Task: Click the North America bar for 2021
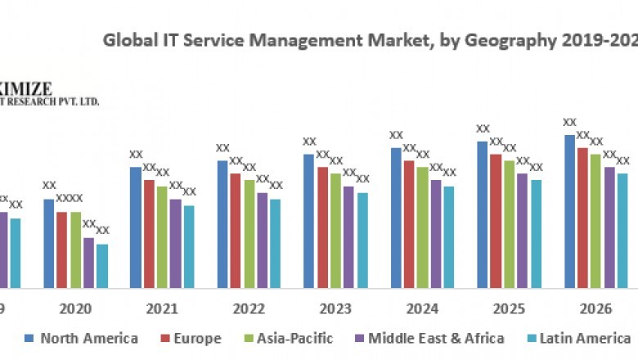coord(136,227)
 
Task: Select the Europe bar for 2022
coord(236,231)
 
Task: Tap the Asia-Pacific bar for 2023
coord(335,231)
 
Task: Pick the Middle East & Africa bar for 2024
coord(435,234)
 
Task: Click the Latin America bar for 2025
coord(536,234)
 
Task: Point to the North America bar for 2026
coord(569,211)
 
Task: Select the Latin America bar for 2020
coord(102,266)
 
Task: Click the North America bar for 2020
coord(49,243)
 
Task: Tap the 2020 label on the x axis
coord(75,309)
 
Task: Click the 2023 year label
coord(335,309)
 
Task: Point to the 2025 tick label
coord(509,309)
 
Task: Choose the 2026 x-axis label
coord(595,309)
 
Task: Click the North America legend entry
coord(82,338)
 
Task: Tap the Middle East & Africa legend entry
coord(429,338)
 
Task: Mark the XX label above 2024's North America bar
coord(396,135)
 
